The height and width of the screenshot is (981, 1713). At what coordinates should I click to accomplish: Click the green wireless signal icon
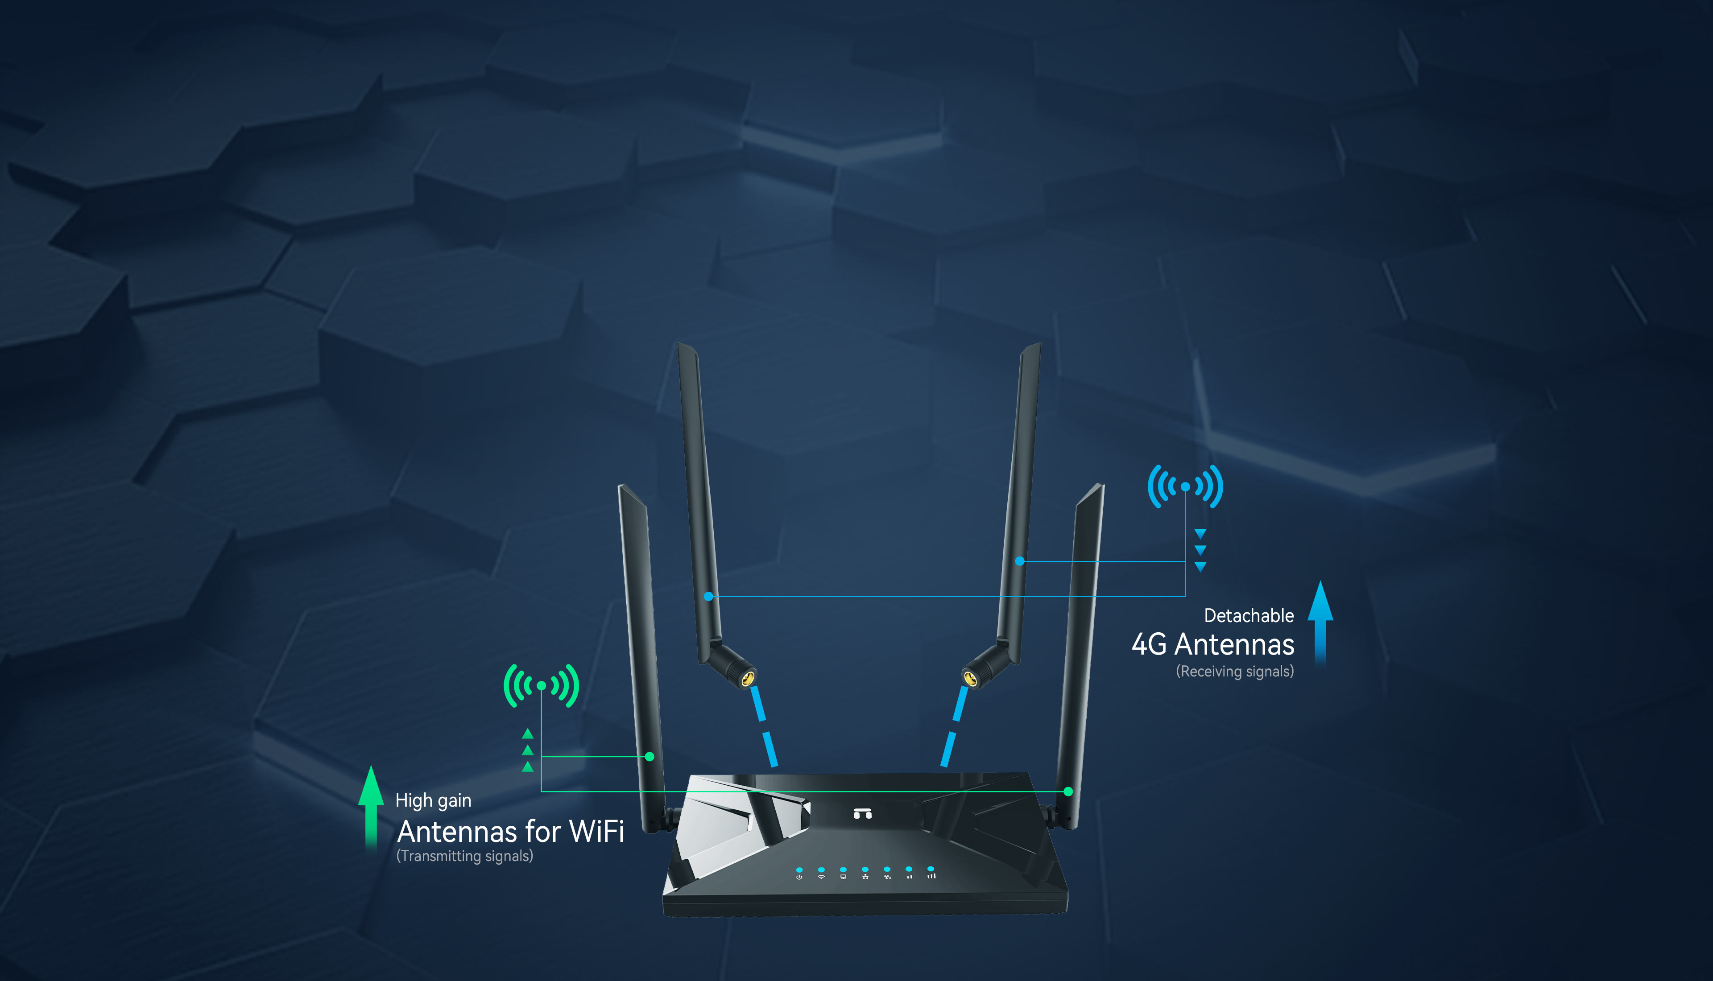pyautogui.click(x=541, y=686)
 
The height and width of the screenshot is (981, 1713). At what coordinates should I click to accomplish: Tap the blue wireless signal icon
pyautogui.click(x=1185, y=486)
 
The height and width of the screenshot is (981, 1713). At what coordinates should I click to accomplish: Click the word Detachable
pyautogui.click(x=1249, y=616)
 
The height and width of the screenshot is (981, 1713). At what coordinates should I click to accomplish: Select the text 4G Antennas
pyautogui.click(x=1213, y=645)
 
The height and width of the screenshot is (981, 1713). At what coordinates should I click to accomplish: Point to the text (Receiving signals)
pyautogui.click(x=1234, y=672)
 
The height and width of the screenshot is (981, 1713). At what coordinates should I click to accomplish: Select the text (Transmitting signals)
pyautogui.click(x=465, y=856)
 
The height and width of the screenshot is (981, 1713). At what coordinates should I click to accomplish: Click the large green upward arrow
pyautogui.click(x=371, y=805)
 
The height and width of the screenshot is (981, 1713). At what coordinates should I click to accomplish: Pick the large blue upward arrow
pyautogui.click(x=1320, y=620)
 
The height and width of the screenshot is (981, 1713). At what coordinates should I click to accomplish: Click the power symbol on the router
pyautogui.click(x=799, y=877)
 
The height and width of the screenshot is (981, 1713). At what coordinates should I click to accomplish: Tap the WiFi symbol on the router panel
pyautogui.click(x=821, y=877)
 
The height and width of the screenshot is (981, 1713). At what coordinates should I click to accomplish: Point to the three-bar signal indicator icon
pyautogui.click(x=931, y=876)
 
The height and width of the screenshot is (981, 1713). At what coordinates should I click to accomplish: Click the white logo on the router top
pyautogui.click(x=863, y=813)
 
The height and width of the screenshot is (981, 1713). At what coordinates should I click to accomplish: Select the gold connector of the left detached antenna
pyautogui.click(x=747, y=679)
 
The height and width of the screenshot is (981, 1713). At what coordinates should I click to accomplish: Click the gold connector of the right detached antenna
pyautogui.click(x=970, y=679)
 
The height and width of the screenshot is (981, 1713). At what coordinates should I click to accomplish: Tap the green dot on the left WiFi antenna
pyautogui.click(x=650, y=757)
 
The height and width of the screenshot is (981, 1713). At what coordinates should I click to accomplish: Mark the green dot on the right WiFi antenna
pyautogui.click(x=1068, y=791)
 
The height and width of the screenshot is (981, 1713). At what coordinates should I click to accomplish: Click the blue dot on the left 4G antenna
pyautogui.click(x=708, y=596)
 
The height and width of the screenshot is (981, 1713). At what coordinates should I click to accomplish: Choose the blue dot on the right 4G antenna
pyautogui.click(x=1020, y=561)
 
